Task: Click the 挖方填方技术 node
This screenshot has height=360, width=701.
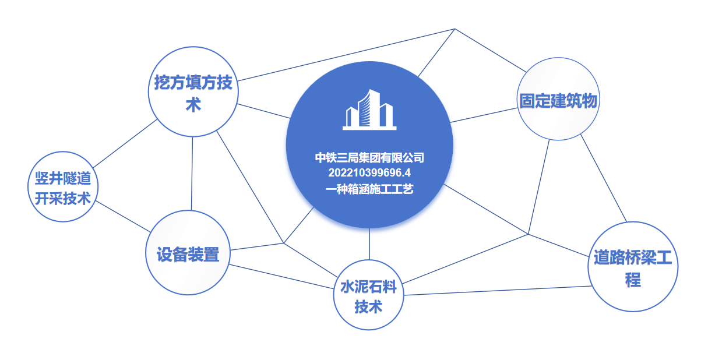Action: tap(193, 91)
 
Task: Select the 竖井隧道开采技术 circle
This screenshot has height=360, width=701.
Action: tap(63, 187)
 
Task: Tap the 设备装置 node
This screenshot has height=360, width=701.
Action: tap(188, 253)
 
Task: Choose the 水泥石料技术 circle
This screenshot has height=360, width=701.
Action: tap(369, 295)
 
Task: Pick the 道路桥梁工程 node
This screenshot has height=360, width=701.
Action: tap(633, 266)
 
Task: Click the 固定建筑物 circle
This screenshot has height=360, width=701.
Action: tap(558, 99)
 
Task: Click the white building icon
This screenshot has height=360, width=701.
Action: tap(369, 110)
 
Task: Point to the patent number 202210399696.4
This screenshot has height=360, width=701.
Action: tap(369, 172)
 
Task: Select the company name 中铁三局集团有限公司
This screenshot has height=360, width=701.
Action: tap(369, 158)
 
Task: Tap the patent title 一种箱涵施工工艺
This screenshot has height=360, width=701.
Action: tap(369, 189)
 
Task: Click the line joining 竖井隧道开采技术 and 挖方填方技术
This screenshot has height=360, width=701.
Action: tap(125, 143)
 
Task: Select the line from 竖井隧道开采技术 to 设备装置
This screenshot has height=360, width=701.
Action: tap(123, 217)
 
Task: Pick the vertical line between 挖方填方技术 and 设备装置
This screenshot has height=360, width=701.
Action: tap(192, 174)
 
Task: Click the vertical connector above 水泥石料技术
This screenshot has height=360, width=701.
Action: tap(369, 244)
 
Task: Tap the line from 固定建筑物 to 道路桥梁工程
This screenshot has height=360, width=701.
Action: tap(604, 178)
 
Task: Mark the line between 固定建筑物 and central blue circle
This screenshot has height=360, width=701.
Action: tap(484, 115)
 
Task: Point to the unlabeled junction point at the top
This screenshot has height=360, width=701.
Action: tap(455, 29)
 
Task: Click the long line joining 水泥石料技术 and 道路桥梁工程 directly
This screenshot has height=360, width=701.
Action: tap(498, 291)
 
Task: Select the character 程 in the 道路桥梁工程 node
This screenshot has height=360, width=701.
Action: tap(633, 280)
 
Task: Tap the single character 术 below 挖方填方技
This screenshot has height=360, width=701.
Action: tap(193, 104)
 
